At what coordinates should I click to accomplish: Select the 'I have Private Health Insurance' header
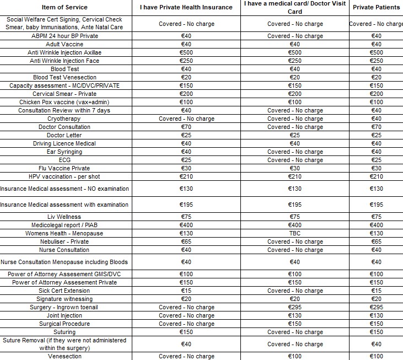click(x=186, y=7)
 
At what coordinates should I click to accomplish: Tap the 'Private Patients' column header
click(x=376, y=7)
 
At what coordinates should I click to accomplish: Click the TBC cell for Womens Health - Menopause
click(x=295, y=233)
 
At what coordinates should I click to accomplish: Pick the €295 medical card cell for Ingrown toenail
click(x=295, y=307)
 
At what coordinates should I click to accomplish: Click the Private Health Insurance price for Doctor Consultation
click(x=186, y=127)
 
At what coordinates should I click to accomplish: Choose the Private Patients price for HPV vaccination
click(x=376, y=176)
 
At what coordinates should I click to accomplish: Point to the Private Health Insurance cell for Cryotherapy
click(x=186, y=119)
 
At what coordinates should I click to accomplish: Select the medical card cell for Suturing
click(x=295, y=332)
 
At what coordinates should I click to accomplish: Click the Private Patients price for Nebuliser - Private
click(x=376, y=241)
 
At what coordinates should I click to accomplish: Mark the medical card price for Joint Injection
click(x=295, y=315)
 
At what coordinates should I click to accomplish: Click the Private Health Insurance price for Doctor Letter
click(x=186, y=135)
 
